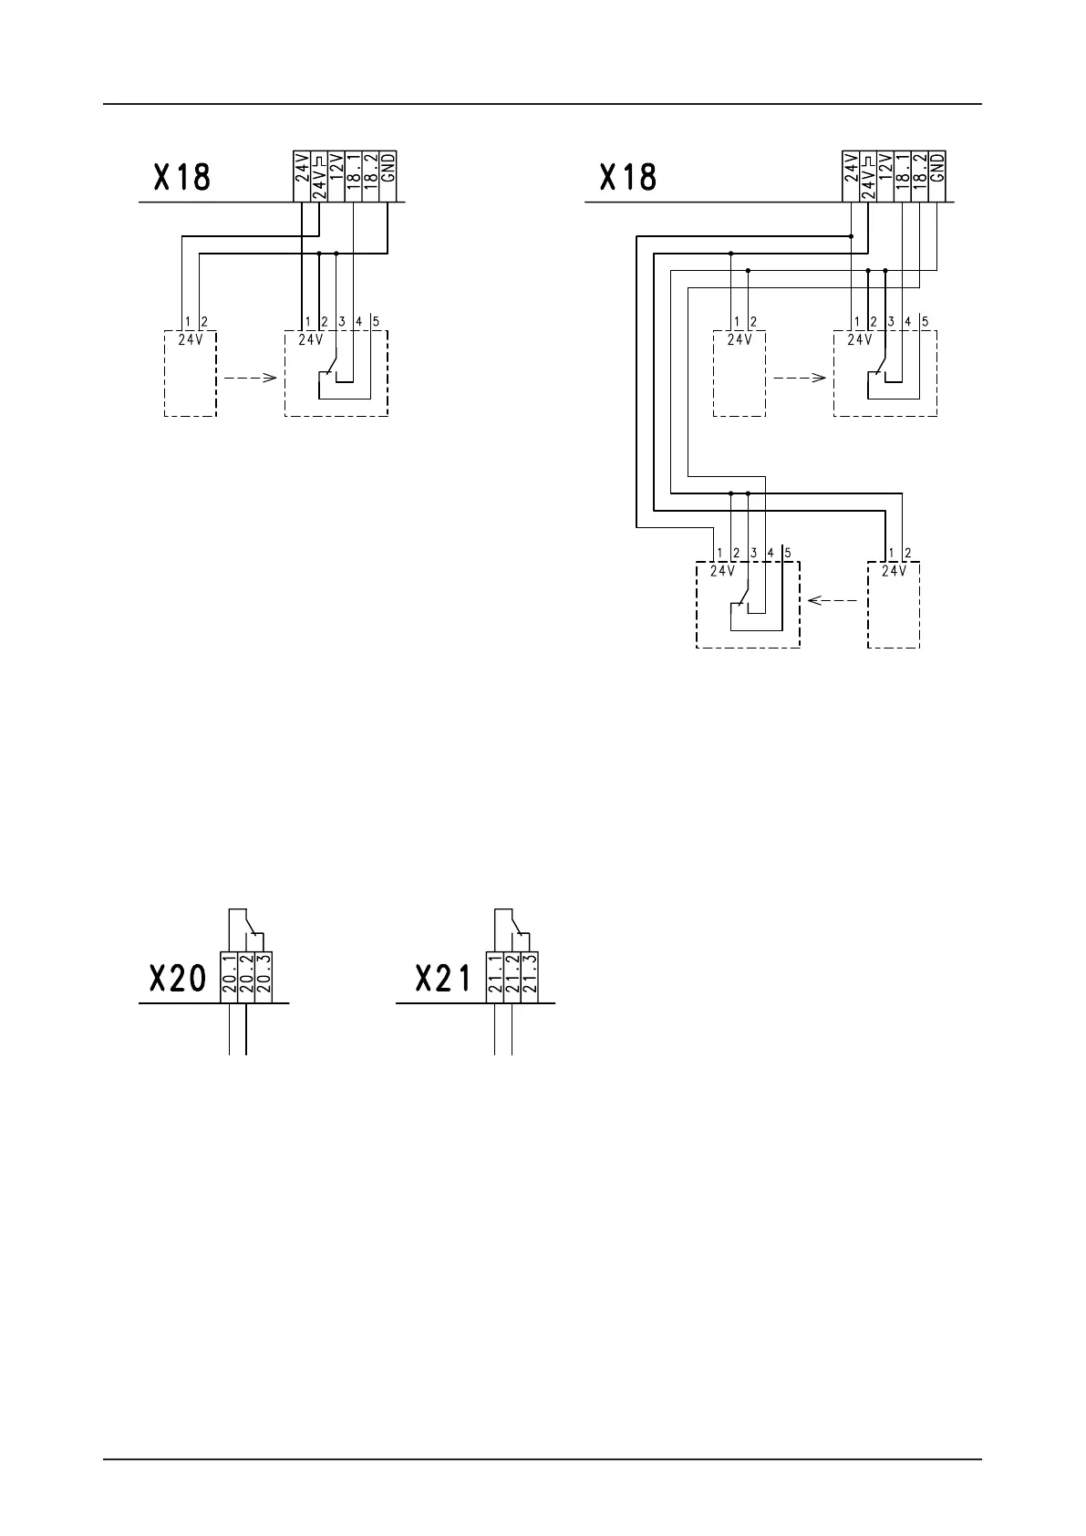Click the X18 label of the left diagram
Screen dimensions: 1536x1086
pos(182,177)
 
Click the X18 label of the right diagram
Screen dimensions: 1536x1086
pos(628,177)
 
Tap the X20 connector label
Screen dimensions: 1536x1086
pos(177,980)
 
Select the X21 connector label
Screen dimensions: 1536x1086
pos(443,980)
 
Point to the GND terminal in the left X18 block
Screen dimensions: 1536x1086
pos(388,176)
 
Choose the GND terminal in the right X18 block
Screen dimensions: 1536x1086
pos(938,176)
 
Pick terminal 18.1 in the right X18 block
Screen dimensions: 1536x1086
pos(904,176)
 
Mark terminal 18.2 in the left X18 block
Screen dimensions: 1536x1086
pos(370,176)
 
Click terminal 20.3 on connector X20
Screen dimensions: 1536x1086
pos(264,974)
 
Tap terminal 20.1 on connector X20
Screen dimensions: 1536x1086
pos(229,974)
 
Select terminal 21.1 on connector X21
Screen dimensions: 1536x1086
pos(495,974)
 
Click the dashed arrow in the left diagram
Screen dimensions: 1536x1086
pos(249,377)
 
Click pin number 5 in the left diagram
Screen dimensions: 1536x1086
pos(377,322)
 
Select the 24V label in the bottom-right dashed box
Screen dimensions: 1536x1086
pos(894,572)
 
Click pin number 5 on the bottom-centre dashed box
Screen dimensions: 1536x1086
pos(788,553)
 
